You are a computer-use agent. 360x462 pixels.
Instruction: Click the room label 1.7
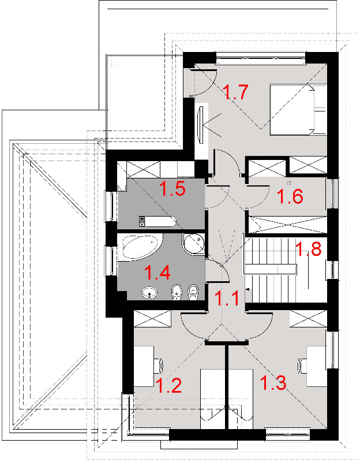(x=235, y=92)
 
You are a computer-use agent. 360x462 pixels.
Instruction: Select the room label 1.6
(x=290, y=196)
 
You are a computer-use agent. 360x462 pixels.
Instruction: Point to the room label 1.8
(x=308, y=249)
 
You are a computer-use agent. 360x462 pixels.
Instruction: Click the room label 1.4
(x=157, y=273)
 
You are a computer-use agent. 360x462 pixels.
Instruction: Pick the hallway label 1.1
(x=227, y=298)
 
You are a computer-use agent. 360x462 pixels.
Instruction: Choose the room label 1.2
(x=168, y=385)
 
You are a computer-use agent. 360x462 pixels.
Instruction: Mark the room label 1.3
(x=273, y=383)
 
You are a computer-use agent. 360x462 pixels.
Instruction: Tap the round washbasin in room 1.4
(x=149, y=293)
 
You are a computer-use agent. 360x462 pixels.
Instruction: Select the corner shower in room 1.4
(x=193, y=244)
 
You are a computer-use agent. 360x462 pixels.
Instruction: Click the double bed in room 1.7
(x=298, y=110)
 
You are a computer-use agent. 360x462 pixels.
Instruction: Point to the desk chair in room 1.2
(x=159, y=366)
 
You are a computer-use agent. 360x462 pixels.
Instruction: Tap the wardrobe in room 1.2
(x=152, y=319)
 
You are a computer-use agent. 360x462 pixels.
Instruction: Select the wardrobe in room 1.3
(x=308, y=319)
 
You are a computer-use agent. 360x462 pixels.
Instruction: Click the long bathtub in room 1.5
(x=157, y=222)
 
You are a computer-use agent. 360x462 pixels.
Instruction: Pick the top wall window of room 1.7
(x=261, y=57)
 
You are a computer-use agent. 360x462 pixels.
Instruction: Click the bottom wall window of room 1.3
(x=288, y=434)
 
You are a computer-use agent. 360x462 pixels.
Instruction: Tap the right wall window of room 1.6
(x=332, y=193)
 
